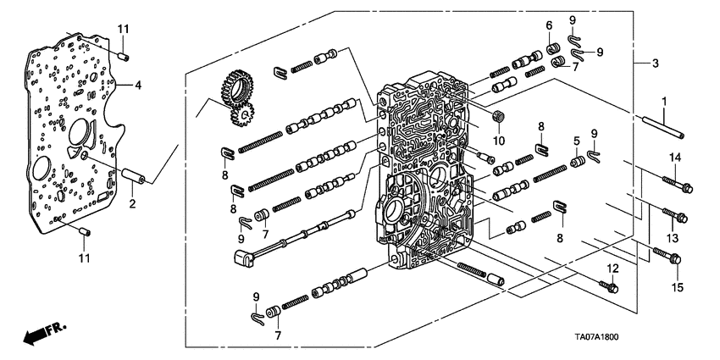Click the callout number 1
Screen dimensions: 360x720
(x=664, y=102)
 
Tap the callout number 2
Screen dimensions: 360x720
(x=132, y=203)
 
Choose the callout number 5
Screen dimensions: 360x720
(x=576, y=141)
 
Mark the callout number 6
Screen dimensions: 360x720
(x=549, y=25)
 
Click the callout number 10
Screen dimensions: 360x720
(x=499, y=139)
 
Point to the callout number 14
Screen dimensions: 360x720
(x=675, y=158)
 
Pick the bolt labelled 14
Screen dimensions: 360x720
(x=674, y=180)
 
